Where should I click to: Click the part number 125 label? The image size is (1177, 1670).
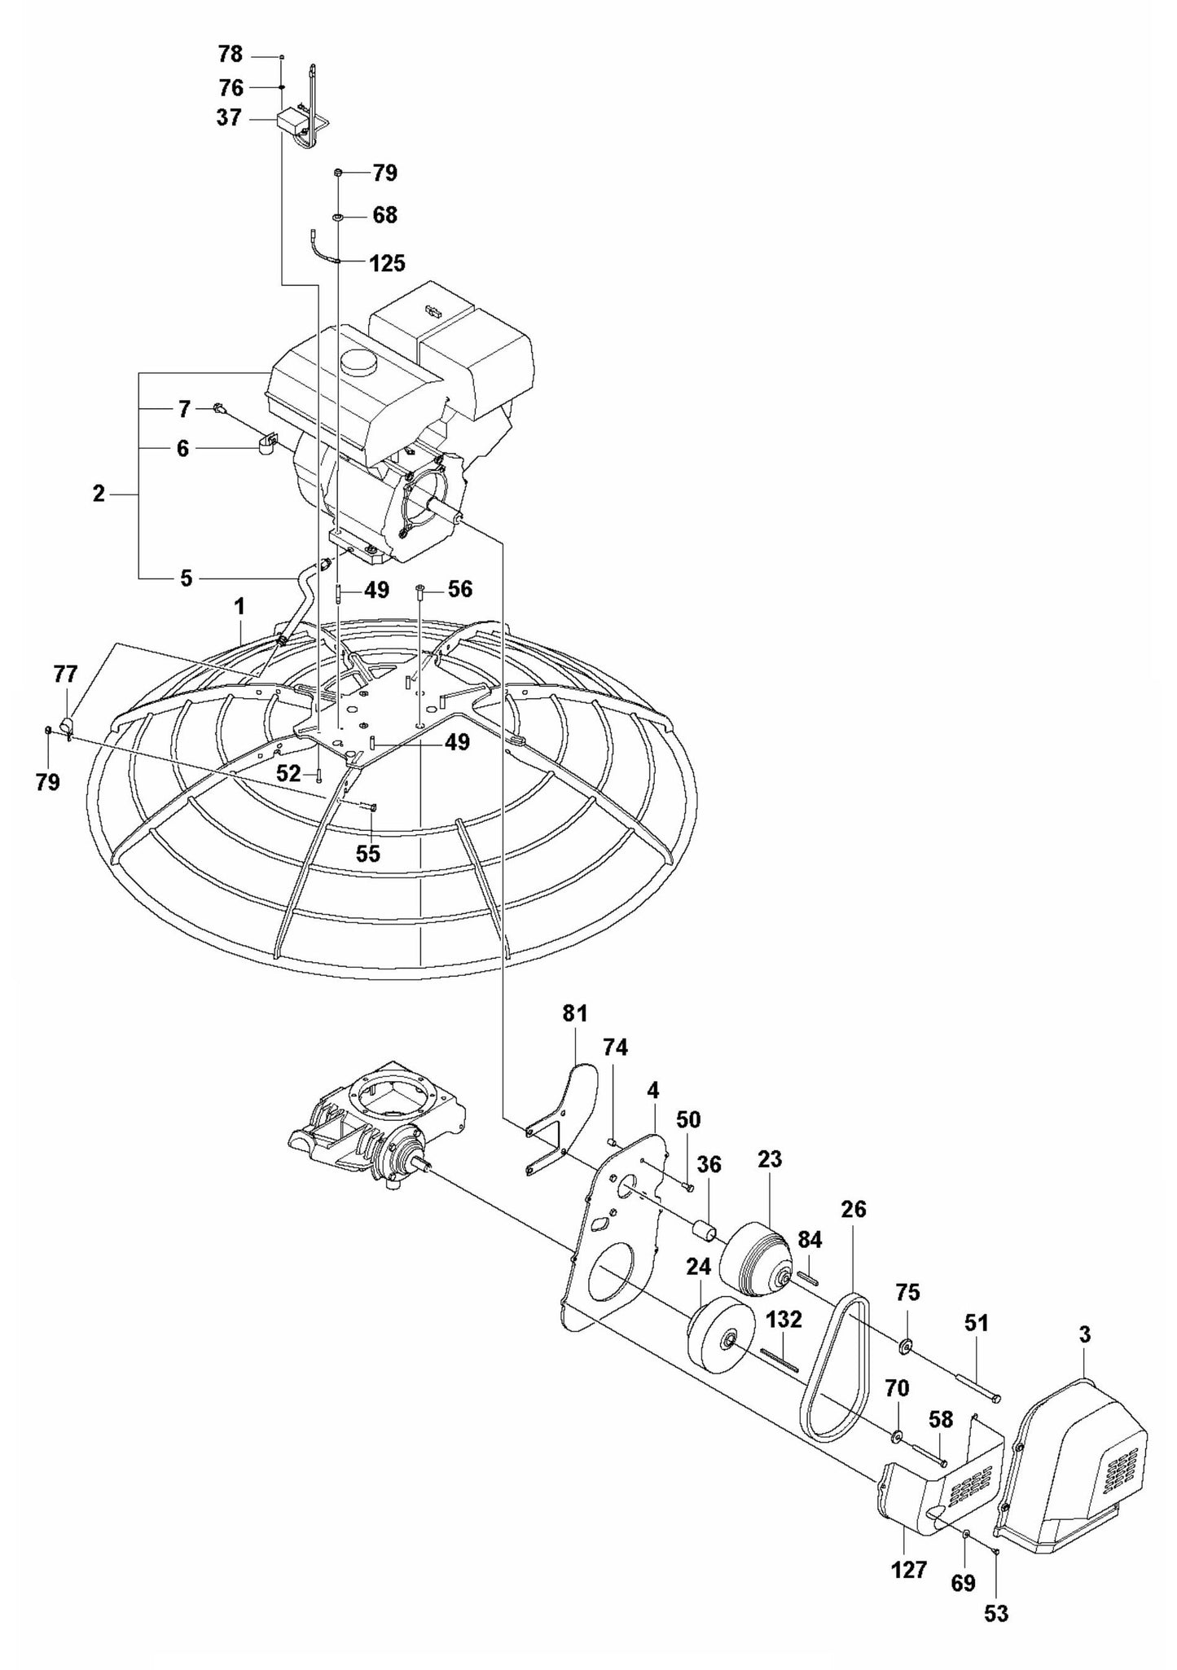pyautogui.click(x=387, y=263)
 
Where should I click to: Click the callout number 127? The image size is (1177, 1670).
pyautogui.click(x=908, y=1569)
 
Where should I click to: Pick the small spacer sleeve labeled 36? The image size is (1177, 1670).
pyautogui.click(x=706, y=1230)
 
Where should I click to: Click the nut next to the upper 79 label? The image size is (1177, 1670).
pyautogui.click(x=337, y=173)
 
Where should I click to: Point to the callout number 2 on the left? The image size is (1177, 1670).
pyautogui.click(x=99, y=494)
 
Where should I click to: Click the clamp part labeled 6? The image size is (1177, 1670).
pyautogui.click(x=266, y=444)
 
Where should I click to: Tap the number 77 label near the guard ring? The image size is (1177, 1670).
pyautogui.click(x=65, y=674)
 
